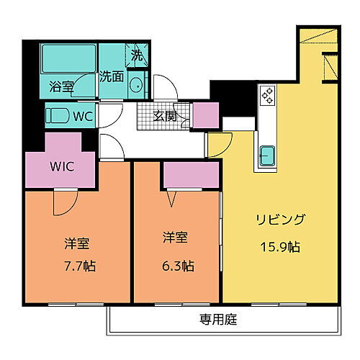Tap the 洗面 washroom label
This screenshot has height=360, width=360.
111,74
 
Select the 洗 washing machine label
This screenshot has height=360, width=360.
137,53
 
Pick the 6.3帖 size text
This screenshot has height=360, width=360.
177,265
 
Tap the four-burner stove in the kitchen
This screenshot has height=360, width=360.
267,95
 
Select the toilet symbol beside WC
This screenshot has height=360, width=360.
58,115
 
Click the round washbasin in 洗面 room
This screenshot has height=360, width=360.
136,85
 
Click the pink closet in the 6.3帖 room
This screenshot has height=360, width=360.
191,175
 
